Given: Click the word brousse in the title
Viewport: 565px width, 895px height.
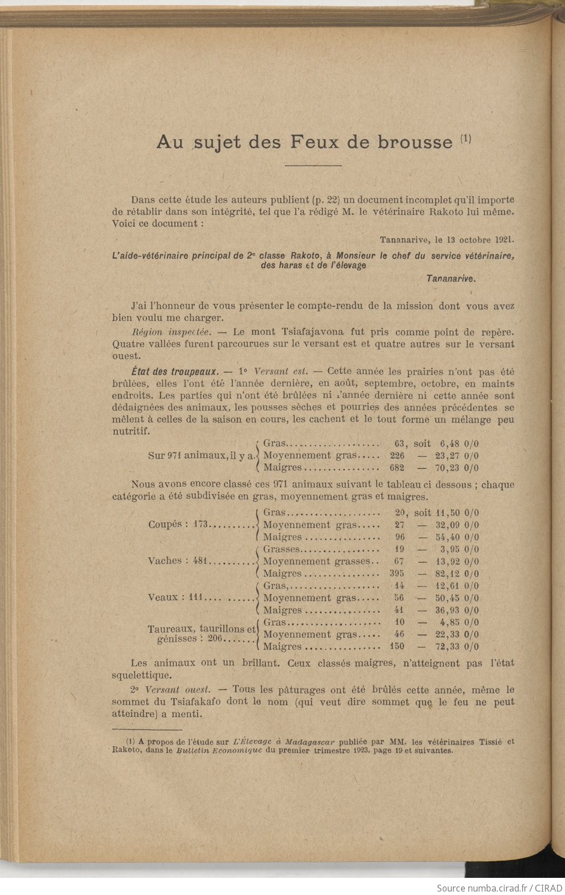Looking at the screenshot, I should click(415, 142).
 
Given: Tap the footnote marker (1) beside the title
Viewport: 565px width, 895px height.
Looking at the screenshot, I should click(465, 139).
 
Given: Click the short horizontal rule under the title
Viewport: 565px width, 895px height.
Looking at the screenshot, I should click(313, 166).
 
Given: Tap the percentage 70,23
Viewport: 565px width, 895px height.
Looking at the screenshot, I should click(449, 468).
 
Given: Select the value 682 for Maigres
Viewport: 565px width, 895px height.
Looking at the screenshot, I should click(397, 468).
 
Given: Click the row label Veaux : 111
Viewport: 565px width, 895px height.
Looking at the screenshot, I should click(176, 598).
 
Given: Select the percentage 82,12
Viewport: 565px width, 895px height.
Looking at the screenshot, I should click(449, 574).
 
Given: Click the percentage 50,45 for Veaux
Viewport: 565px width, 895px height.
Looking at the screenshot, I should click(449, 598).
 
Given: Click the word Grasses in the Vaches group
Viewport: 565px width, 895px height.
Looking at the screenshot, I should click(281, 549).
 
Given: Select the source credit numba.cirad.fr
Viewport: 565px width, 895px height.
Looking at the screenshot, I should click(488, 888).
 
